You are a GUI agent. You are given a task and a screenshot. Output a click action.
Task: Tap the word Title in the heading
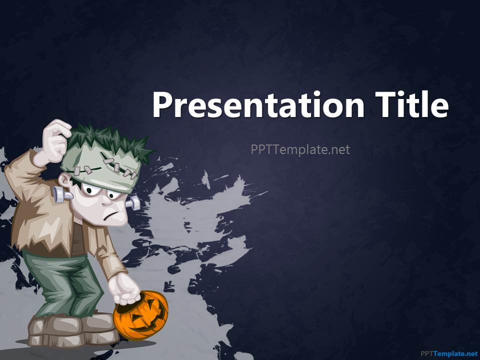coord(412,104)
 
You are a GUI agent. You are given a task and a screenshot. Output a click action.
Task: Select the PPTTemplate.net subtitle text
coord(300,149)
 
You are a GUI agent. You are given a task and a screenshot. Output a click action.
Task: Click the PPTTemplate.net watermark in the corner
coord(448,354)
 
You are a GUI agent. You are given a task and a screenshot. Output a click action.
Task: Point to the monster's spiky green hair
coord(108,141)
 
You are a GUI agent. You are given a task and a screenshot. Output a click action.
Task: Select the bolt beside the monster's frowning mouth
coord(132,203)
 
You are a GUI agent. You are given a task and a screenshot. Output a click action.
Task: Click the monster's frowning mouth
coord(110,214)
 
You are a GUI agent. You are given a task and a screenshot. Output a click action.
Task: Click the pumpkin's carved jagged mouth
coord(147,320)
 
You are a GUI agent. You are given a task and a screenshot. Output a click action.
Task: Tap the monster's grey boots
coord(73,330)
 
